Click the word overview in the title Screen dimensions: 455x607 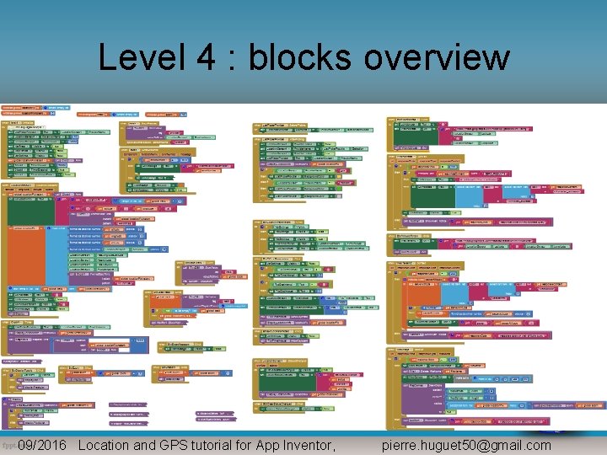coord(437,58)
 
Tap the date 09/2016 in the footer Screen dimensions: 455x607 coord(42,445)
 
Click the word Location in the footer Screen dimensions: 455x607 coord(104,445)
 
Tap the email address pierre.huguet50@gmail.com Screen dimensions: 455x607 coord(466,445)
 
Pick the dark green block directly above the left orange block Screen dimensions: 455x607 coord(30,194)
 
